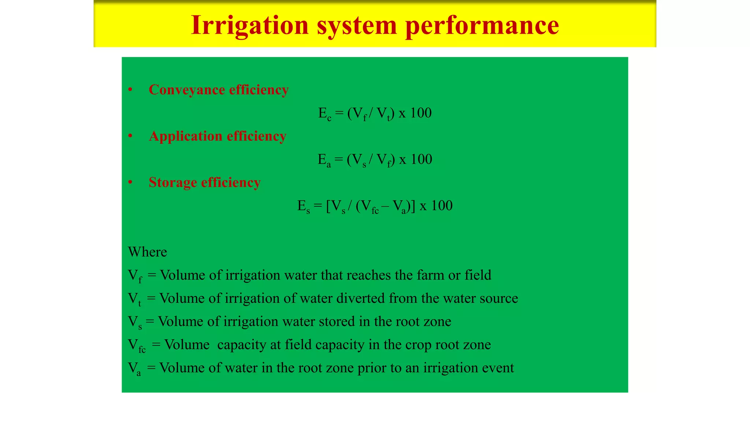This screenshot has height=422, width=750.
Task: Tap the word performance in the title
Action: pyautogui.click(x=482, y=26)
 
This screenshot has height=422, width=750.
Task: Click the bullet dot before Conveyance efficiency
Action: pyautogui.click(x=130, y=90)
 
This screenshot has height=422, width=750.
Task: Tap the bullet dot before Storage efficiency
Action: pyautogui.click(x=130, y=182)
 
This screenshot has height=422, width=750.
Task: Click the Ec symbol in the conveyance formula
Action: pyautogui.click(x=324, y=113)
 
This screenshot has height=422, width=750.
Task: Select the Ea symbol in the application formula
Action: pyautogui.click(x=324, y=160)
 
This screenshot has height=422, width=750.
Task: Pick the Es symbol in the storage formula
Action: pyautogui.click(x=304, y=206)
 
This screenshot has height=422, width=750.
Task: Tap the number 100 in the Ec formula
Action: pyautogui.click(x=421, y=113)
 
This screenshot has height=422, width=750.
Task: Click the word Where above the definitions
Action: pyautogui.click(x=147, y=252)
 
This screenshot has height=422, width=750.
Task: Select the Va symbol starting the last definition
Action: pyautogui.click(x=134, y=369)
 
